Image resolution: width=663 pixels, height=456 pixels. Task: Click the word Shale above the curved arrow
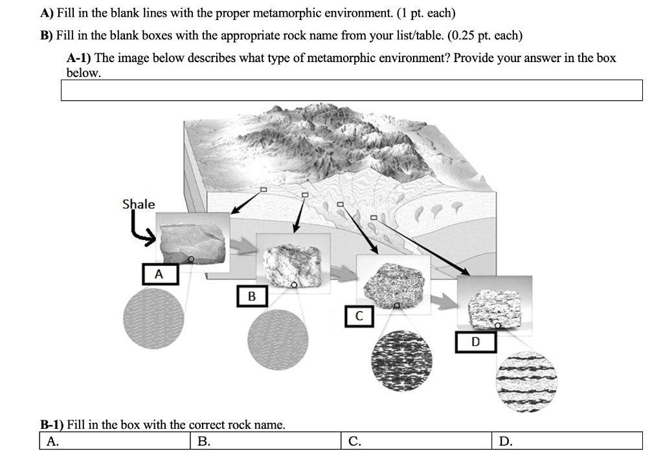[139, 204]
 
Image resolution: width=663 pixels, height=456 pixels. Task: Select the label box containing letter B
[252, 296]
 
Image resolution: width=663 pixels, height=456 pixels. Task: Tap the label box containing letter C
[359, 316]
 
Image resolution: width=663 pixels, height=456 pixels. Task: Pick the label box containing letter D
[476, 341]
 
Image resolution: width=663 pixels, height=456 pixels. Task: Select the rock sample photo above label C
[394, 282]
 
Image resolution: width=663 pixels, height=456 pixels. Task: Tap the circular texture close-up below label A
[153, 318]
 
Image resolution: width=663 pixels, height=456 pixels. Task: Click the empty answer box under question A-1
[352, 91]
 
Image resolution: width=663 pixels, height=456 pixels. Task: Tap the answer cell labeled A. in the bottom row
[117, 441]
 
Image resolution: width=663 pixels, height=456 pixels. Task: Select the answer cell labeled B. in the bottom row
[267, 441]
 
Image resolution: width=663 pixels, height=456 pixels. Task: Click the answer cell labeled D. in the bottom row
[567, 441]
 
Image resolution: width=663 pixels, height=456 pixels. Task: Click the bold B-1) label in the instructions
[52, 425]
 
